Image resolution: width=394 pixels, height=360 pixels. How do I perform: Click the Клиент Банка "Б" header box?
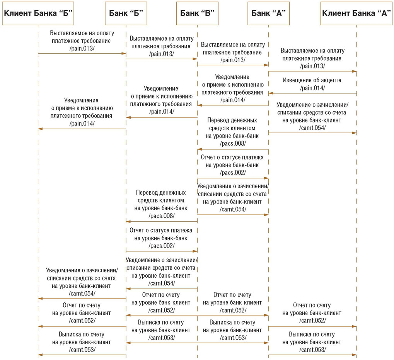pos(38,13)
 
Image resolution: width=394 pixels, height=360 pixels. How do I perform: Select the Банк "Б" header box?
pos(126,13)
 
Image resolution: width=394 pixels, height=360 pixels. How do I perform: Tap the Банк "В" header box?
pos(197,13)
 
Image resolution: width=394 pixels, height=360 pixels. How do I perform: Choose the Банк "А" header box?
pos(268,13)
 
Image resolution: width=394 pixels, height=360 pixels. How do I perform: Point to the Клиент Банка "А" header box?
pos(356,13)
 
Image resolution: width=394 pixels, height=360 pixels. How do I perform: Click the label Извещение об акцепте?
pos(312,80)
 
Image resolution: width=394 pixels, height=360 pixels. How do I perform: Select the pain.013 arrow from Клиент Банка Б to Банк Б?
pos(82,53)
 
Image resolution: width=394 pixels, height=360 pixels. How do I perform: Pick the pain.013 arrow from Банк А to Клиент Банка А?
pos(312,71)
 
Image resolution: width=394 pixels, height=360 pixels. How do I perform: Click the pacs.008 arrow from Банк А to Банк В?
pos(233,149)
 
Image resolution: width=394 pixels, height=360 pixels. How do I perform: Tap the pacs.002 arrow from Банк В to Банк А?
pos(233,178)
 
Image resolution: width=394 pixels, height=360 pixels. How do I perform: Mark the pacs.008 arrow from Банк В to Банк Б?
pos(162,221)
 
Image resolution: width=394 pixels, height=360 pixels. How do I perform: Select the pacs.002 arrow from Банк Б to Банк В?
pos(162,251)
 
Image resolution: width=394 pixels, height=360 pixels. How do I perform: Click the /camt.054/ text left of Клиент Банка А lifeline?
pos(312,128)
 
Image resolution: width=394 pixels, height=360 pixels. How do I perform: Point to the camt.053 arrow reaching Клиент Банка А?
pos(312,355)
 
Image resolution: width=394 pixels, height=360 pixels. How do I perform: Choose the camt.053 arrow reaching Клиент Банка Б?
pos(82,355)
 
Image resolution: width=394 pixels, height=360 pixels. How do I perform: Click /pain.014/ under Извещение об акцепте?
pos(312,88)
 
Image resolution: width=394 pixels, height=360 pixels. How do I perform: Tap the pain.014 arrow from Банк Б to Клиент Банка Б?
pos(82,129)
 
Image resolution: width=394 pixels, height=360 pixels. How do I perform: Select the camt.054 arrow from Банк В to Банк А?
pos(233,215)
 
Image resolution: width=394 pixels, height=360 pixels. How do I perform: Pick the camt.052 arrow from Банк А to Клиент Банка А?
pos(312,326)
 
